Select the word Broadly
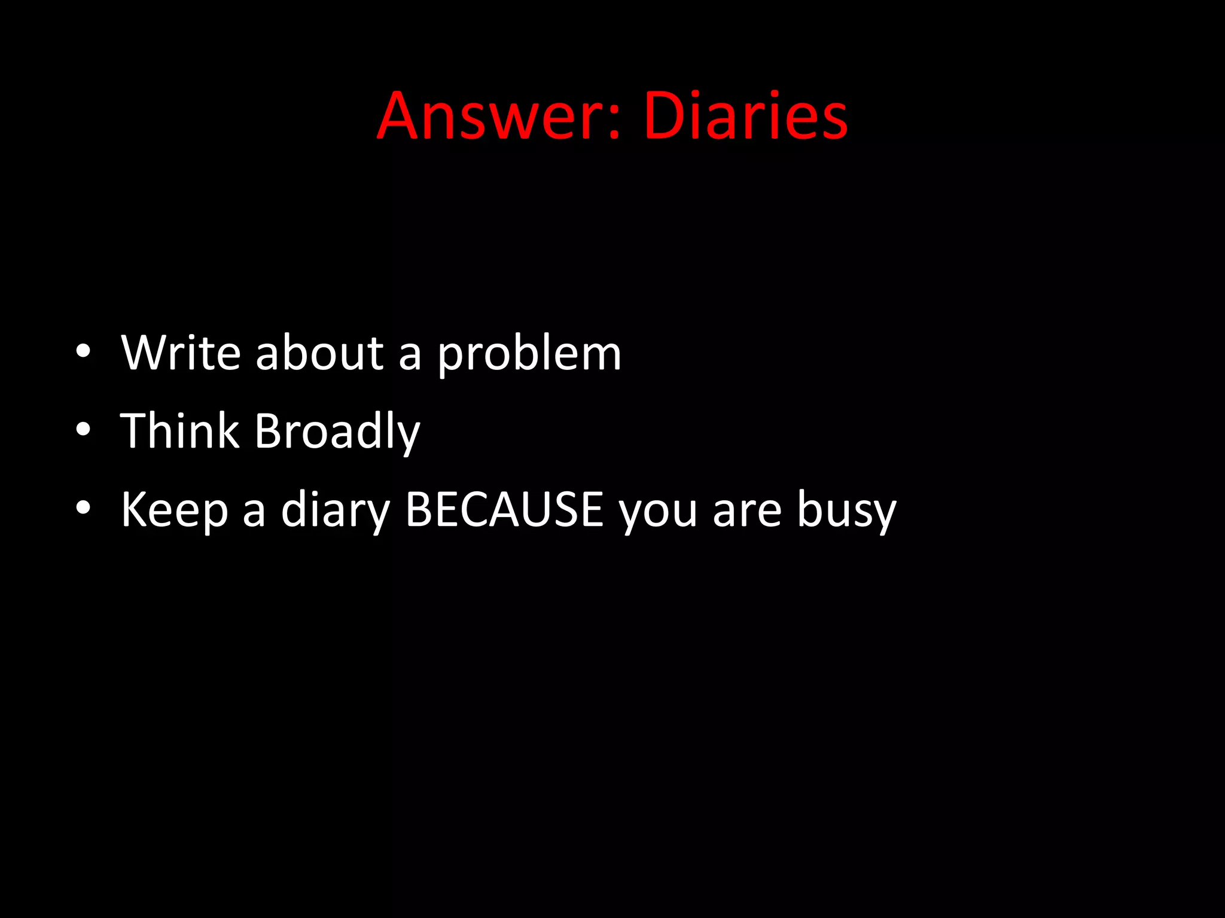[x=337, y=432]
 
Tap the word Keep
[x=175, y=510]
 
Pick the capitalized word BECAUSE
[x=504, y=509]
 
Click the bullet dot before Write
[x=83, y=351]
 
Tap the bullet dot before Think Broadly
[x=83, y=429]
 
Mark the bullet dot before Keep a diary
[x=83, y=507]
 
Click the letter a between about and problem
[x=410, y=357]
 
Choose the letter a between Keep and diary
[x=254, y=513]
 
